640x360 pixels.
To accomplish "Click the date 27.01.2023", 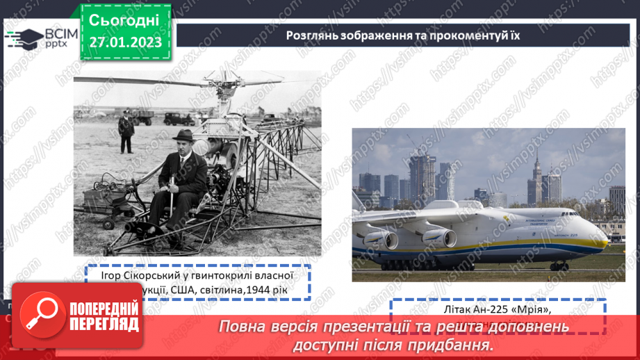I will (x=125, y=42).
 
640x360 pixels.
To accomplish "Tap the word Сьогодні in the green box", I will (x=125, y=19).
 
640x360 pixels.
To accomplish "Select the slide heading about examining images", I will (x=402, y=35).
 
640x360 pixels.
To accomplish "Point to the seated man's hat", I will (x=183, y=135).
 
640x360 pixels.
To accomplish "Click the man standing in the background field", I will (x=126, y=133).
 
